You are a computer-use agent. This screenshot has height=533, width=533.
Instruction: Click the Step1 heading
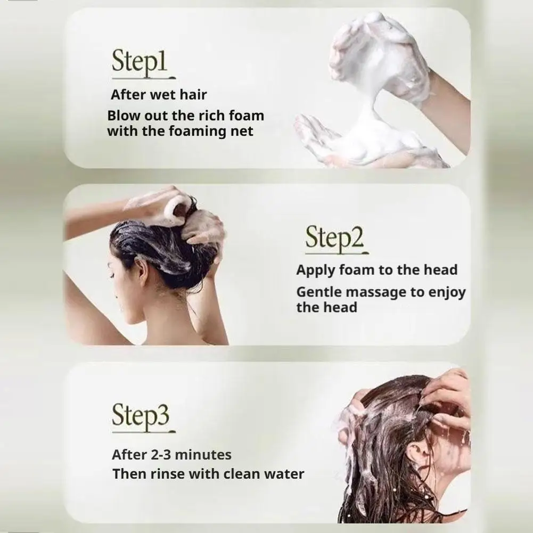(x=140, y=62)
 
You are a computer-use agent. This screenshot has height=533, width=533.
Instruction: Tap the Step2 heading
(x=334, y=237)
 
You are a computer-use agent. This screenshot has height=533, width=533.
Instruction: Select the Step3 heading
(x=141, y=415)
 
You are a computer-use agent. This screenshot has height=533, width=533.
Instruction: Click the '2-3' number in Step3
(x=160, y=455)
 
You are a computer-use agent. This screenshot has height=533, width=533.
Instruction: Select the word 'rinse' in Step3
(x=167, y=474)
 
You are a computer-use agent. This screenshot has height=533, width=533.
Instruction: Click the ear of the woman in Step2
(x=143, y=270)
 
